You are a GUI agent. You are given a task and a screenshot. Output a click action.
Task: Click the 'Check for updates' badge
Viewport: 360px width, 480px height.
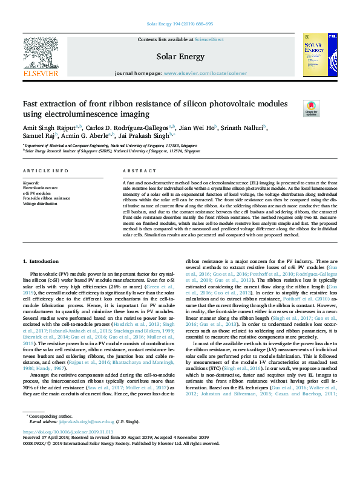[x=310, y=108]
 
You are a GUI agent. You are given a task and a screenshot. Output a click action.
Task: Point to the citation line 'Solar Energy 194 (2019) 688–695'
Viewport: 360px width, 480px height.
[x=180, y=25]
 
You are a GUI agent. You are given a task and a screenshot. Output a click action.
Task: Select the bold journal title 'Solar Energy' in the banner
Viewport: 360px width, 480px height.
[x=180, y=57]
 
